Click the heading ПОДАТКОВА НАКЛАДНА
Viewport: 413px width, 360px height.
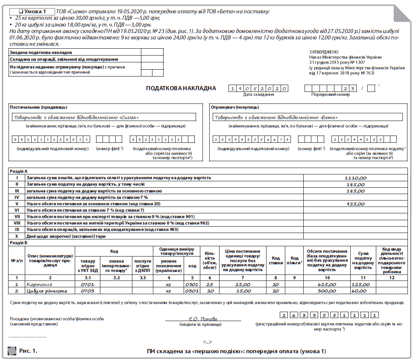click(181, 89)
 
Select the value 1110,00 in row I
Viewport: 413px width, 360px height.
click(355, 177)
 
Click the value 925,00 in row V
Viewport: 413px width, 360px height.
click(355, 204)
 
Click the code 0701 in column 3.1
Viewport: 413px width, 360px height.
click(87, 284)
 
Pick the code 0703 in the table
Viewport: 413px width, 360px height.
click(87, 291)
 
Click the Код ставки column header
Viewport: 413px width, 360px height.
click(276, 260)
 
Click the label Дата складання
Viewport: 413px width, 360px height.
click(258, 94)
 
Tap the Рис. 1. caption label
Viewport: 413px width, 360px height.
click(28, 351)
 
